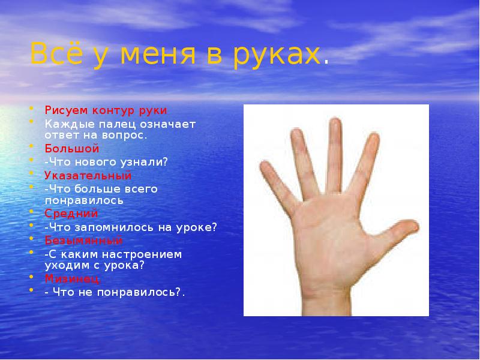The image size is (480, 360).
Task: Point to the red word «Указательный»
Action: pos(88,175)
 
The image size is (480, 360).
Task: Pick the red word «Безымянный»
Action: pos(83,241)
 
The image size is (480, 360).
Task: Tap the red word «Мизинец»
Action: pos(73,278)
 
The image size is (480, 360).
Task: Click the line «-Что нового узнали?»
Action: pos(106,161)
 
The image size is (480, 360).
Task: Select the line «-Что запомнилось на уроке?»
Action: pos(130,227)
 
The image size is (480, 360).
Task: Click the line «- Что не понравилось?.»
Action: pos(115,292)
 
